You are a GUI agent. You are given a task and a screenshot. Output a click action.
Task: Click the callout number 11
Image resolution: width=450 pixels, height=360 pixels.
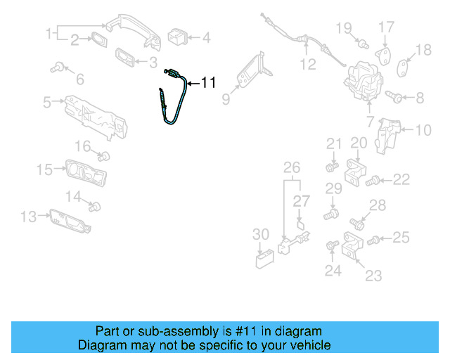pyautogui.click(x=208, y=83)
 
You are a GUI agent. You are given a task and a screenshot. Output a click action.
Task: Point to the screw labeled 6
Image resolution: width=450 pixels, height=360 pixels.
pyautogui.click(x=58, y=68)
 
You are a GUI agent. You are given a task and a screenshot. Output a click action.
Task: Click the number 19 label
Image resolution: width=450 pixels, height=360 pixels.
pyautogui.click(x=343, y=28)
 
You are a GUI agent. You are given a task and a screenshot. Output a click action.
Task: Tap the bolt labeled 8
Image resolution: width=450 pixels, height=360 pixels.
pyautogui.click(x=395, y=97)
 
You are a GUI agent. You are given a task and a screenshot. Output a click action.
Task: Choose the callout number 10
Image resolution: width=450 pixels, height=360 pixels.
pyautogui.click(x=423, y=129)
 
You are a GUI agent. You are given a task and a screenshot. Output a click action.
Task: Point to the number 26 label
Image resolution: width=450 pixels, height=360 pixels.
pyautogui.click(x=291, y=167)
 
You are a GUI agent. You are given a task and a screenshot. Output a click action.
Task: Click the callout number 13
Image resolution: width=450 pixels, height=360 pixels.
pyautogui.click(x=27, y=217)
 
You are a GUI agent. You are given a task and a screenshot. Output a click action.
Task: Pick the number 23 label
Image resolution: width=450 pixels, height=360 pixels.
pyautogui.click(x=373, y=275)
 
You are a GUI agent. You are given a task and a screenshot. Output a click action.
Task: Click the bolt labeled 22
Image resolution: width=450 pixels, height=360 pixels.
pyautogui.click(x=375, y=181)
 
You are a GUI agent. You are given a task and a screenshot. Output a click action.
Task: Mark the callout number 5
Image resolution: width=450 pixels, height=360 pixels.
pyautogui.click(x=47, y=103)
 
